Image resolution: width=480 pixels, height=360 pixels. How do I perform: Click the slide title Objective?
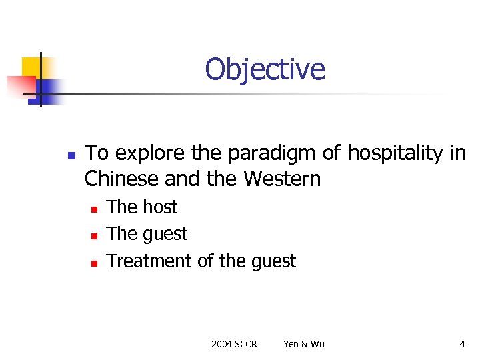[265, 69]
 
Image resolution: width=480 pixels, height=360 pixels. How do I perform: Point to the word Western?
[282, 179]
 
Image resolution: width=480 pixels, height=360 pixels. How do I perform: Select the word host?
[160, 207]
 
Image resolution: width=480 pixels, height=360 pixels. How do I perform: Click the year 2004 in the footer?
[221, 344]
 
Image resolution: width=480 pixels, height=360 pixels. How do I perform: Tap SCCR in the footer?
[245, 344]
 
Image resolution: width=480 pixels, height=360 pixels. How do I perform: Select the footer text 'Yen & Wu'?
[304, 344]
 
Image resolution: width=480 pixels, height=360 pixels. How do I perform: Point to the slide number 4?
[462, 344]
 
